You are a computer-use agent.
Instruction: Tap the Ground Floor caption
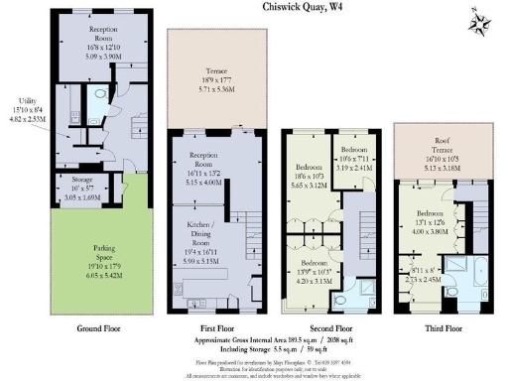(99, 327)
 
